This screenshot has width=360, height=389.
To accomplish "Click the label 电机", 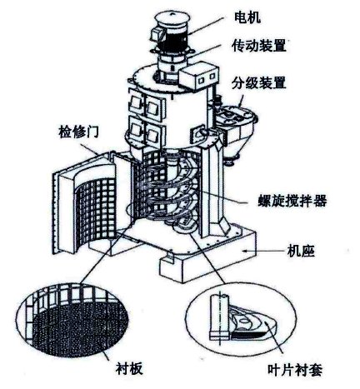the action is tap(247, 18).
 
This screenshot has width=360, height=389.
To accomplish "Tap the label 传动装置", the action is tap(259, 45).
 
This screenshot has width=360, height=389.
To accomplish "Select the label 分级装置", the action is tap(259, 82).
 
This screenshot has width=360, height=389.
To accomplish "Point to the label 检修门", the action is tap(78, 132).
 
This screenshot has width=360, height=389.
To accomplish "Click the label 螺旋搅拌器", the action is tap(292, 201).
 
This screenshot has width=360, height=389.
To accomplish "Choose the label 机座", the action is tap(301, 252).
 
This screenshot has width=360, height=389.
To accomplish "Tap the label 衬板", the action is tap(129, 368).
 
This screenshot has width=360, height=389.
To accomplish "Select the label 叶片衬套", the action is tap(295, 370).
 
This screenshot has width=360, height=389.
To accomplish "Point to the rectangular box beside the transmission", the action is tap(197, 76).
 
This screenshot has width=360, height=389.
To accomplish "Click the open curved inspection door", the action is tap(84, 203).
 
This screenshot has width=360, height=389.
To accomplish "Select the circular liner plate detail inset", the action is tap(72, 320).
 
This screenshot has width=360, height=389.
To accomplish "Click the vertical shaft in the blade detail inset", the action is tap(219, 317).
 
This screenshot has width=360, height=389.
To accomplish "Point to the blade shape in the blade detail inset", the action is tap(252, 322).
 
